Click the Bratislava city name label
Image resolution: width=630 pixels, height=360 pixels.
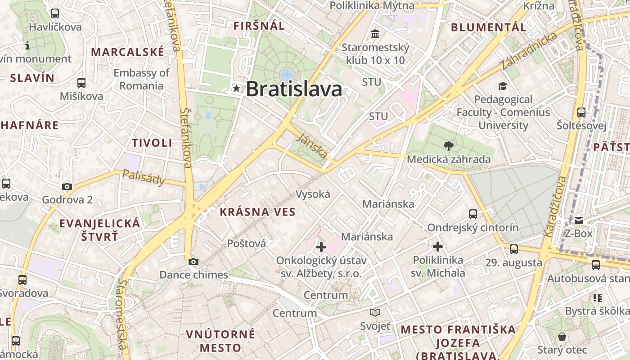pos(294,89)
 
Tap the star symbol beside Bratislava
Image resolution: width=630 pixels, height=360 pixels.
pos(237,89)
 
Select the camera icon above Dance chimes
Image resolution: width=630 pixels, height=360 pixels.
pos(193,261)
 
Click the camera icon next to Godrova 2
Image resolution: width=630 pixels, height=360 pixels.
pos(67,186)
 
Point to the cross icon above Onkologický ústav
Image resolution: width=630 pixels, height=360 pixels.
pos(321,247)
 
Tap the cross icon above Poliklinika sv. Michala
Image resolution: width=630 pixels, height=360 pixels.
pos(438,246)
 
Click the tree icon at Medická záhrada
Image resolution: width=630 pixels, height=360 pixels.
pos(448,146)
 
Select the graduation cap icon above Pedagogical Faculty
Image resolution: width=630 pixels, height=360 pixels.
pos(503,86)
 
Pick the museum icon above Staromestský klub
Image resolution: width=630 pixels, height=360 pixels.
pos(375,34)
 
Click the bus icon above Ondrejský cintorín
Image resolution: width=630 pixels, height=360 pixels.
pos(473,214)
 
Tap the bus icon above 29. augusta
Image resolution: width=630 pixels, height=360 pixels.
pos(514,249)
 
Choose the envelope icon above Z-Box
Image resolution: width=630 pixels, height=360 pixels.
pos(579,220)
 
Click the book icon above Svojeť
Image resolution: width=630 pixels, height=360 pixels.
pos(375,312)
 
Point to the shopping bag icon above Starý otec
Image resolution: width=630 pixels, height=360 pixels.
pos(562,337)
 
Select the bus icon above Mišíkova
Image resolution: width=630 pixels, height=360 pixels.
pos(81,83)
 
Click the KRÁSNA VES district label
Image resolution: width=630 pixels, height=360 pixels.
pos(257,212)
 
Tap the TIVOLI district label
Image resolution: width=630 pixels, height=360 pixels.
pos(152,143)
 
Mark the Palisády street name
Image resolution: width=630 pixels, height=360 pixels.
pos(144,178)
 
